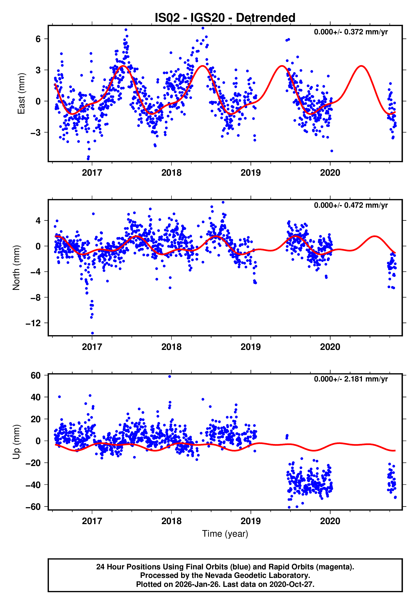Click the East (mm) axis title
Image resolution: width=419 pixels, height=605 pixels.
[x=21, y=94]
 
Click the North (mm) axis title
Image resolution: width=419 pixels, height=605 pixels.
[x=16, y=268]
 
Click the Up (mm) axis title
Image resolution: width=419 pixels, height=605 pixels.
[x=16, y=442]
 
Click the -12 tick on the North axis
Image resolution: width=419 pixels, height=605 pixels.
[x=33, y=323]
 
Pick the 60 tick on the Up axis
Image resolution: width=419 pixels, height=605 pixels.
[x=36, y=376]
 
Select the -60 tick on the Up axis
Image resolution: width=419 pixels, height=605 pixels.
[x=33, y=507]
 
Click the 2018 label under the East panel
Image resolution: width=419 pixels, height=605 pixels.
[x=171, y=173]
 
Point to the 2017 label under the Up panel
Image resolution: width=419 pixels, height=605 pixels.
[x=92, y=521]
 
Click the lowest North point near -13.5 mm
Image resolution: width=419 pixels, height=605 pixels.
[x=92, y=333]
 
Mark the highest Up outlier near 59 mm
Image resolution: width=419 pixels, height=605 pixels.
[x=170, y=377]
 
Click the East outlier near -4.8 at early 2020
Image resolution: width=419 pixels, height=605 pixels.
[x=332, y=151]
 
